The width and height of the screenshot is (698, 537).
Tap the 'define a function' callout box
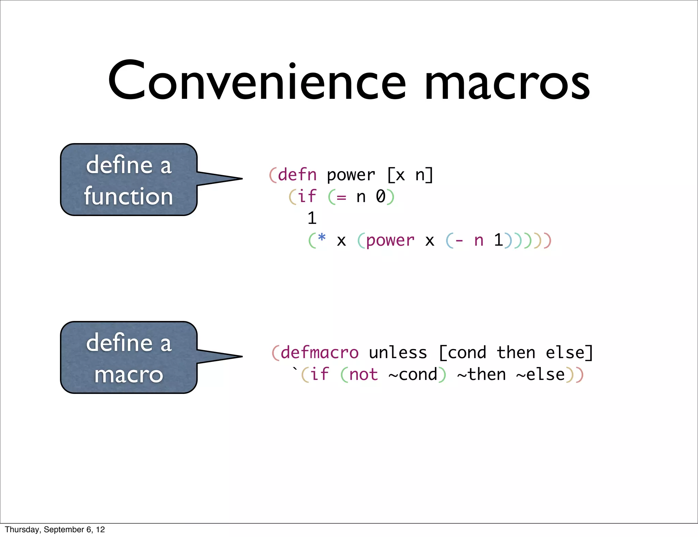pyautogui.click(x=129, y=180)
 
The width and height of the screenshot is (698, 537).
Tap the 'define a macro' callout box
pyautogui.click(x=129, y=357)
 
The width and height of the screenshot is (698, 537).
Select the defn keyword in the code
pyautogui.click(x=298, y=175)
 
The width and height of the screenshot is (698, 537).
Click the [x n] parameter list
pyautogui.click(x=410, y=175)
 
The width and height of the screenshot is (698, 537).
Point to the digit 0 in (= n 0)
pyautogui.click(x=381, y=197)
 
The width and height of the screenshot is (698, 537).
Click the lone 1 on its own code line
pyautogui.click(x=312, y=218)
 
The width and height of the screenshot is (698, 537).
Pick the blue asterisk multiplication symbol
pyautogui.click(x=321, y=238)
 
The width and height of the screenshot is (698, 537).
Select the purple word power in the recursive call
pyautogui.click(x=390, y=241)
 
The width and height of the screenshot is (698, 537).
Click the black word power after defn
pyautogui.click(x=351, y=175)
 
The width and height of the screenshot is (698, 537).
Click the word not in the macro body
pyautogui.click(x=364, y=374)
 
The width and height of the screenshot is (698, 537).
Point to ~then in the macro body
pyautogui.click(x=482, y=374)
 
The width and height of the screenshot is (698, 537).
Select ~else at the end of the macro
pyautogui.click(x=541, y=374)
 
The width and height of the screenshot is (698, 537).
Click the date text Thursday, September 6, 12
pyautogui.click(x=55, y=530)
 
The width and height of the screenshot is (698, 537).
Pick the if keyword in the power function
pyautogui.click(x=307, y=197)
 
